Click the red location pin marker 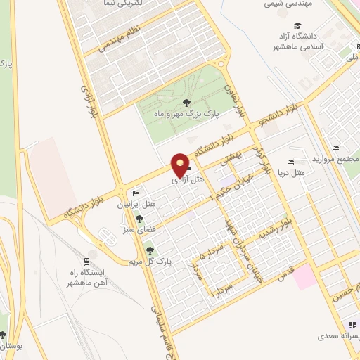(x=181, y=166)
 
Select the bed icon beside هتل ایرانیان (x=136, y=194)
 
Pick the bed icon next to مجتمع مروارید (x=335, y=147)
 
